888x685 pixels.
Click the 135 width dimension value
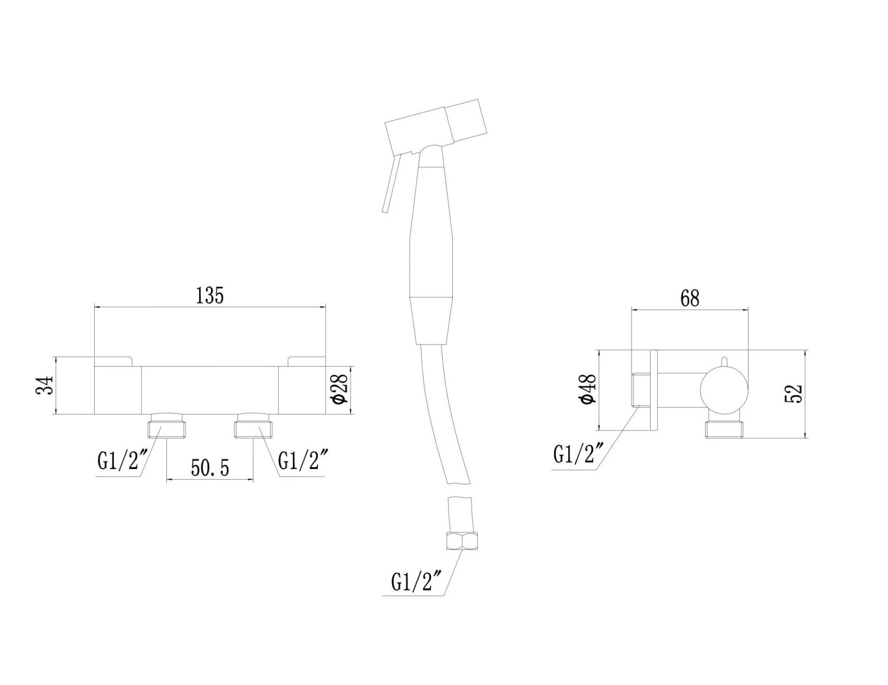(x=210, y=296)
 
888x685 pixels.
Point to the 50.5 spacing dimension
(x=210, y=468)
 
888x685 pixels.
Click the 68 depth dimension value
(x=690, y=298)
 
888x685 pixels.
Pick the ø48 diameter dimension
(x=588, y=388)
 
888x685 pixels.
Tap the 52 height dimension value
(x=794, y=394)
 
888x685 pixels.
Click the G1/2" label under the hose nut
(x=417, y=581)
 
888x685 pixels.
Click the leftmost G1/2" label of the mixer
(x=123, y=460)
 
